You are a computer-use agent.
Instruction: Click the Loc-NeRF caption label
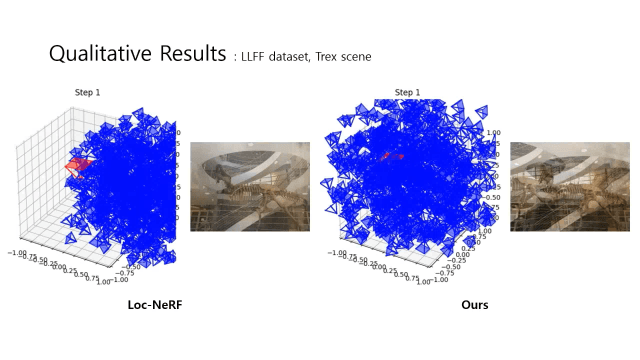tap(155, 303)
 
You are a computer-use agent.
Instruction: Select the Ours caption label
tap(474, 303)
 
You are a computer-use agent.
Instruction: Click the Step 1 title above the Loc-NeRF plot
tap(87, 93)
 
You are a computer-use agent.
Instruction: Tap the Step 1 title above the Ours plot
tap(407, 93)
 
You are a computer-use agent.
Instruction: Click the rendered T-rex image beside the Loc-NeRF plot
tap(250, 186)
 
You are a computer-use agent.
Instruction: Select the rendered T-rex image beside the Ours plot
tap(570, 186)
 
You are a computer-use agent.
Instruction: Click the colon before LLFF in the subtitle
tap(235, 58)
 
